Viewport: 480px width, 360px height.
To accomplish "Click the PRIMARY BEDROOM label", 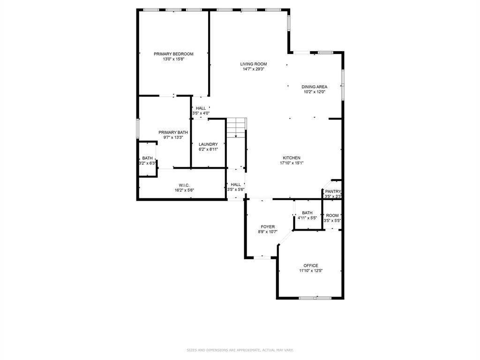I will (173, 54).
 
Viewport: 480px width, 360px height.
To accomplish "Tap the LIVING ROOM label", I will (254, 64).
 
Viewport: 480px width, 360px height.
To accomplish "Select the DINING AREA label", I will (314, 87).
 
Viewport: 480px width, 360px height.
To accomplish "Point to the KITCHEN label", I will (291, 158).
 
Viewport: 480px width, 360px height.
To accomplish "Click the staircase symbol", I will (236, 127).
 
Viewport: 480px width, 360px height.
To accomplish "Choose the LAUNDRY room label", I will (208, 144).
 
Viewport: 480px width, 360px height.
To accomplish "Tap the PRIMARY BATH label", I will (173, 133).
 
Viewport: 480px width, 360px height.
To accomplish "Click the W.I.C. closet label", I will (184, 185).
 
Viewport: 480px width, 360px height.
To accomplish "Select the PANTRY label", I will (333, 192).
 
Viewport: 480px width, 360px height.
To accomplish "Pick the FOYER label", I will (268, 227).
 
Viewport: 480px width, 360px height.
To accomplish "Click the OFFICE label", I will (311, 265).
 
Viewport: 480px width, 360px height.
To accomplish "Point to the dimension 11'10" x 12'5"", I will (311, 270).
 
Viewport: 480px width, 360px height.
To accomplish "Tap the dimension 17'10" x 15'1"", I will (291, 163).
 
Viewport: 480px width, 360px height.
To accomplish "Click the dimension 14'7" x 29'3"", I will (254, 69).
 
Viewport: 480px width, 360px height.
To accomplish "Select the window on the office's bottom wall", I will (315, 298).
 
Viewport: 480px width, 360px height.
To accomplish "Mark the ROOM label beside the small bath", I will (332, 216).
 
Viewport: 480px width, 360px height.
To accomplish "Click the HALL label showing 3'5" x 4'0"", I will (201, 108).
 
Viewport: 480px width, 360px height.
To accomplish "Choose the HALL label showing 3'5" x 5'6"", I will (236, 185).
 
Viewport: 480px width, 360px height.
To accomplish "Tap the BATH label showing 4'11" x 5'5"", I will (307, 213).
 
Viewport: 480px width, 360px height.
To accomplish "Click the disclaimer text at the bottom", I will (240, 350).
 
